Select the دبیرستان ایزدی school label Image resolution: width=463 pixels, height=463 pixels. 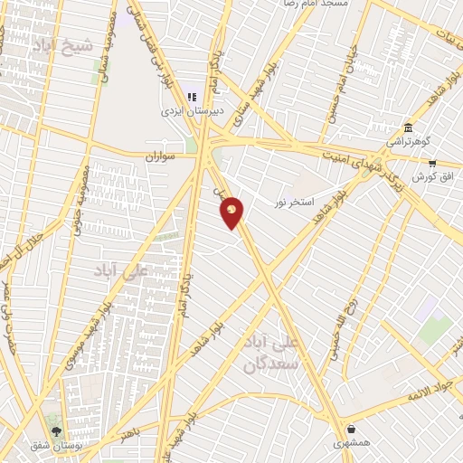point(185,112)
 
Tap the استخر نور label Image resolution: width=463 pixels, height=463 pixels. point(295,202)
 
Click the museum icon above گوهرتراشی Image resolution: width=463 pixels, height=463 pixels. point(409,127)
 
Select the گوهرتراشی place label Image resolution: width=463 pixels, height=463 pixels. point(409,141)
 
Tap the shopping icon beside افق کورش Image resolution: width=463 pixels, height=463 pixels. point(432,164)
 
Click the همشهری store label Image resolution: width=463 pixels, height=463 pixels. point(351,443)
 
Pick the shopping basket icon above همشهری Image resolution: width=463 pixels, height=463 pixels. point(351,430)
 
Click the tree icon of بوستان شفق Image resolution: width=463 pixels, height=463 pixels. point(57,432)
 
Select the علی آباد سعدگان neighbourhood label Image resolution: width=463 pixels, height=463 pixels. point(277,354)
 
